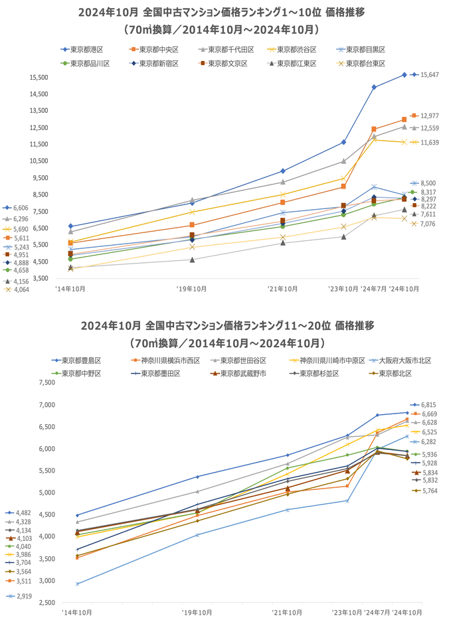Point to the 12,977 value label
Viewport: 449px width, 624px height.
(429, 116)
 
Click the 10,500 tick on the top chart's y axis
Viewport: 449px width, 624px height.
(38, 161)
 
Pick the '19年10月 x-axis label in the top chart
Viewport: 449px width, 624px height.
(192, 289)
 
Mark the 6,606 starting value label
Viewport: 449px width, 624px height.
(21, 208)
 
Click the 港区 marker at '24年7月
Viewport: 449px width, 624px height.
(374, 87)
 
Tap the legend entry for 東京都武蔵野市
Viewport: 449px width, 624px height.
(240, 374)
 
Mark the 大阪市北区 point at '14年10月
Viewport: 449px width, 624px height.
(78, 584)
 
